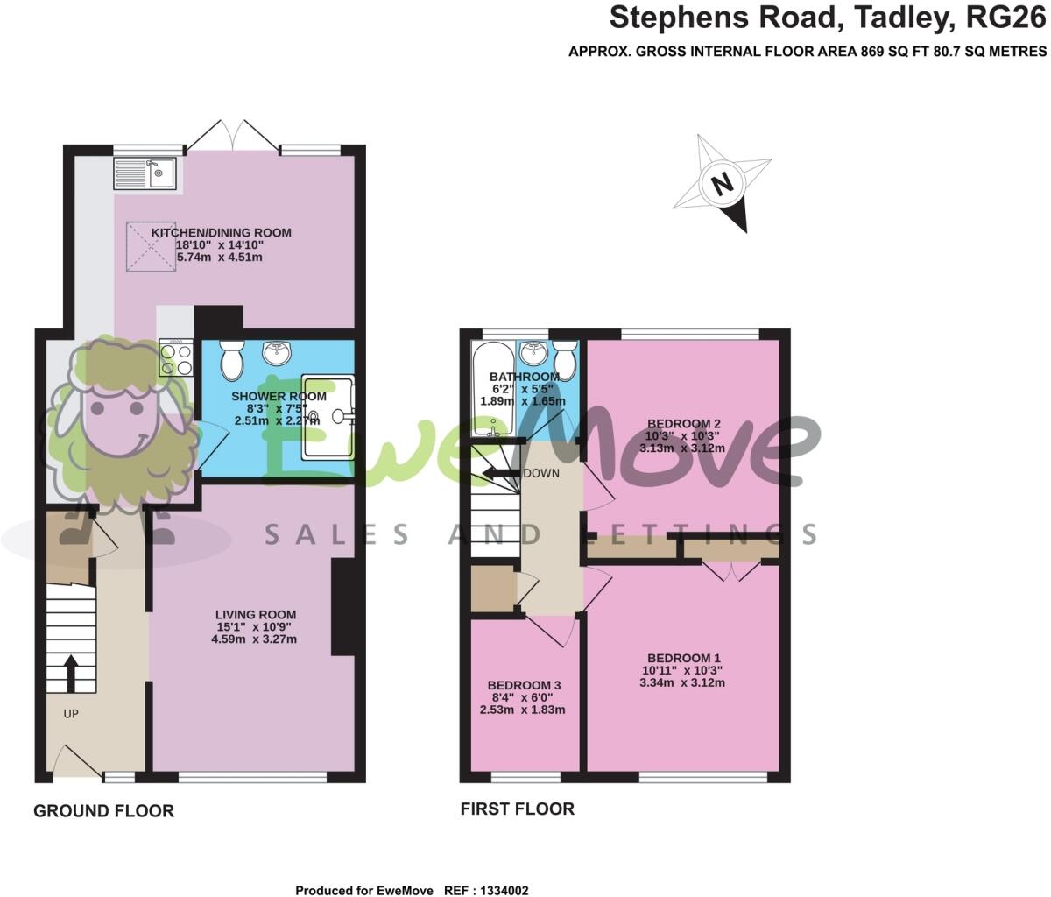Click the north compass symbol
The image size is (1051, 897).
pyautogui.click(x=723, y=184)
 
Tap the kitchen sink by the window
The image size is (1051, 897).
pyautogui.click(x=145, y=173)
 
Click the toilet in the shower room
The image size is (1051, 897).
pyautogui.click(x=231, y=359)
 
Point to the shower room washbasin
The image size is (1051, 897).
pyautogui.click(x=279, y=352)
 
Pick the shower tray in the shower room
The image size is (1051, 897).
pyautogui.click(x=329, y=417)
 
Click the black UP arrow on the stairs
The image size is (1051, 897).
pyautogui.click(x=71, y=673)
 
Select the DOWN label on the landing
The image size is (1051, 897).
pyautogui.click(x=540, y=473)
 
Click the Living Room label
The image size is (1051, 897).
pyautogui.click(x=255, y=615)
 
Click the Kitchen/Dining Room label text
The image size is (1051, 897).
pyautogui.click(x=222, y=232)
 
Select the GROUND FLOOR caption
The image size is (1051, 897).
pyautogui.click(x=103, y=811)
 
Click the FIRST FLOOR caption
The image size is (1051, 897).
pyautogui.click(x=518, y=809)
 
